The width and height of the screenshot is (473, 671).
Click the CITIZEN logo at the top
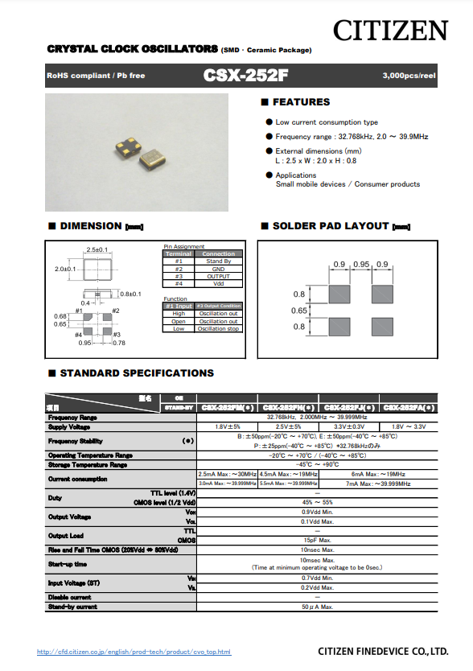(391, 31)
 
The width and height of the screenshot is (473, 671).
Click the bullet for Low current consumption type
(269, 122)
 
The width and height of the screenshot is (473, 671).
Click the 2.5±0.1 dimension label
(97, 249)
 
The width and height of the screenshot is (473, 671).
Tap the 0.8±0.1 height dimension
(130, 294)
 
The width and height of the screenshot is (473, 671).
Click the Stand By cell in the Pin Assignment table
(218, 261)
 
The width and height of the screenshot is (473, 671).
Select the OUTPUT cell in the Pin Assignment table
(218, 276)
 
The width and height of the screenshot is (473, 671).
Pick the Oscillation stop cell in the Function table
(218, 328)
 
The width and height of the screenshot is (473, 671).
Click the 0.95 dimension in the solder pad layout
(361, 265)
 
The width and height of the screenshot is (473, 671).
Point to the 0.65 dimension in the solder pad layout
(299, 311)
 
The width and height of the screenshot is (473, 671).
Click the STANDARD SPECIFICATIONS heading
(137, 373)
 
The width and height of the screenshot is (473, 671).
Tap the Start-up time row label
(68, 564)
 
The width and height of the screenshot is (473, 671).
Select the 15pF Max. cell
(318, 540)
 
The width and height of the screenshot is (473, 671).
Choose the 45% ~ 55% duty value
(318, 501)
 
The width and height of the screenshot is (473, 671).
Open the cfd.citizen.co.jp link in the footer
(134, 652)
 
